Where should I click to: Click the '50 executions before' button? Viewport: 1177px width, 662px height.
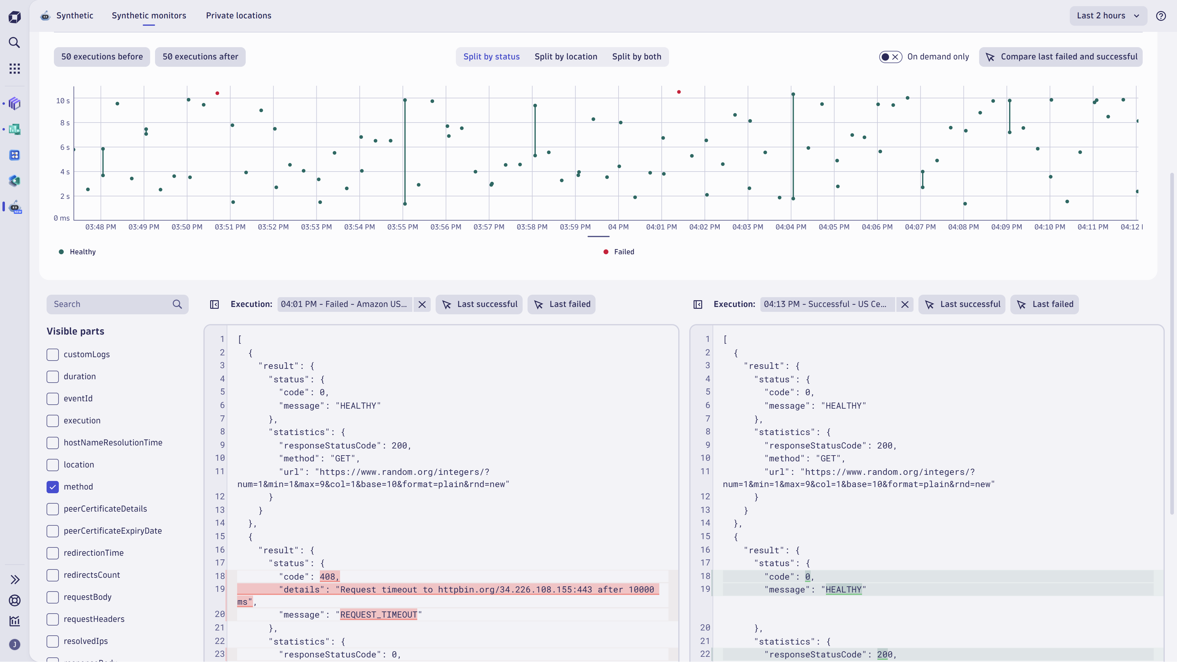pyautogui.click(x=102, y=57)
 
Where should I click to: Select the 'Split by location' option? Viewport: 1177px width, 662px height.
pyautogui.click(x=566, y=57)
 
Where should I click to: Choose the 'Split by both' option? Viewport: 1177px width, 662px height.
pyautogui.click(x=637, y=57)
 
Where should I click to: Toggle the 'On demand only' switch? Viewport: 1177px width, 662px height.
pyautogui.click(x=890, y=57)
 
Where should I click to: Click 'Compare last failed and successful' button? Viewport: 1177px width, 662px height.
pyautogui.click(x=1061, y=57)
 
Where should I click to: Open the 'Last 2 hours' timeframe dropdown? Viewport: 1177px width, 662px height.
pyautogui.click(x=1107, y=16)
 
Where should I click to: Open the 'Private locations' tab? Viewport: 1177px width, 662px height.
pyautogui.click(x=239, y=16)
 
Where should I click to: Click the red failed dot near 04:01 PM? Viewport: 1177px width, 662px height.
pyautogui.click(x=679, y=92)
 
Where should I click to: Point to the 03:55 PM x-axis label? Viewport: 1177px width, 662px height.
pyautogui.click(x=403, y=227)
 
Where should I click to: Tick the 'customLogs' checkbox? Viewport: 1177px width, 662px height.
pyautogui.click(x=53, y=354)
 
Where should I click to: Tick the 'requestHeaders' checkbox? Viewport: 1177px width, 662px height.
pyautogui.click(x=53, y=619)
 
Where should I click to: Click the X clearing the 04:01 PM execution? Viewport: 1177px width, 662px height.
pyautogui.click(x=422, y=304)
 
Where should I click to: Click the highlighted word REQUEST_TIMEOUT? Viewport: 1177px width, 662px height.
pyautogui.click(x=378, y=615)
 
